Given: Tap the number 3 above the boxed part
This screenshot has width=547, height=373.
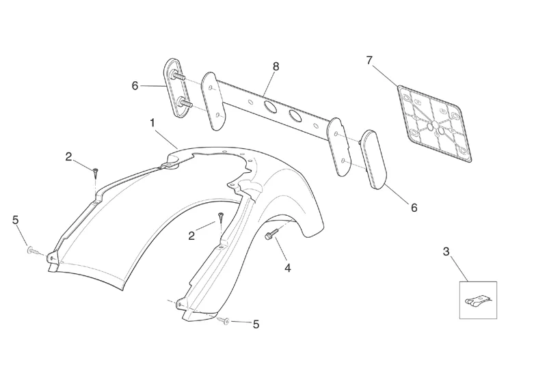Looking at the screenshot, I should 446,251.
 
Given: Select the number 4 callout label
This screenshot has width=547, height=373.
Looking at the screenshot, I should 287,268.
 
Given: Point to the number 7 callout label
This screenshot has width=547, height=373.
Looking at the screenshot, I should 369,61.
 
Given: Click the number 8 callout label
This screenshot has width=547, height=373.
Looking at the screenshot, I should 276,66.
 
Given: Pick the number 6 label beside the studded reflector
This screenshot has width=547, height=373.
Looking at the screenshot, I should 135,86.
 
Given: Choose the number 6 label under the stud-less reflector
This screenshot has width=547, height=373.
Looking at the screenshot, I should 414,207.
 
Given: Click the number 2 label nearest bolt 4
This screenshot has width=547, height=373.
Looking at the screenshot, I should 191,236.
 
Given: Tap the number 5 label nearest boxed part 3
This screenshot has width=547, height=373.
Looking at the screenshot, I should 256,324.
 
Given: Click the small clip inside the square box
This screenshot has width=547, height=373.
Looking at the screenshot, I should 477,300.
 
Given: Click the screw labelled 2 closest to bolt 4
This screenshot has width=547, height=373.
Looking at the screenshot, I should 222,217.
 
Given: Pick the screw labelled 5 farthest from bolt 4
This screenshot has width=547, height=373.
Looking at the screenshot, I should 31,251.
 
